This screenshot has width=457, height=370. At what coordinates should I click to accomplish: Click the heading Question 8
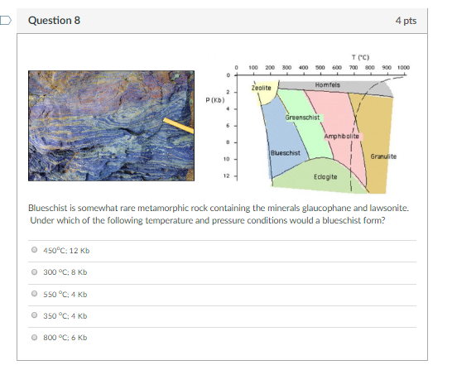(54, 21)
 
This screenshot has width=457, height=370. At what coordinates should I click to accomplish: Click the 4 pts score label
(406, 21)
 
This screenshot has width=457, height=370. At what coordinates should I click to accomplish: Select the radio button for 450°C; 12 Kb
(35, 250)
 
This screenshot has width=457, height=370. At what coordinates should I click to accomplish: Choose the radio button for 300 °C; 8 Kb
(35, 271)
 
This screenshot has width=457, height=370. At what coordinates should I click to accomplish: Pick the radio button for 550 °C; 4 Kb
(35, 293)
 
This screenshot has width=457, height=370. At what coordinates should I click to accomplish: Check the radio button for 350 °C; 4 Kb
(35, 315)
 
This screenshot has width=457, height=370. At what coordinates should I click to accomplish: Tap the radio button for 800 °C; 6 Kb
(35, 337)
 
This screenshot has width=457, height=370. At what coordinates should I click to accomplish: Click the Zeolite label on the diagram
(261, 88)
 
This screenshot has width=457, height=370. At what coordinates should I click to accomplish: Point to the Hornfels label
(327, 85)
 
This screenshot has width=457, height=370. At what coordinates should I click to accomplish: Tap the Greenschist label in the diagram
(302, 118)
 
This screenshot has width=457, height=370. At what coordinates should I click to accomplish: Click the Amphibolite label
(342, 137)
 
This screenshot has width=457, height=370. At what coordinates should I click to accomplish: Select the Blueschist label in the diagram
(286, 153)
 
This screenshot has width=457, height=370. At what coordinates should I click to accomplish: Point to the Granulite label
(383, 156)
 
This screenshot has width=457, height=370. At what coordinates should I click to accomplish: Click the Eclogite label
(325, 177)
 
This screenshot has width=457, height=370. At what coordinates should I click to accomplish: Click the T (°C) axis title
(360, 57)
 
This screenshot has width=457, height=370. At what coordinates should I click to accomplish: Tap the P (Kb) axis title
(215, 100)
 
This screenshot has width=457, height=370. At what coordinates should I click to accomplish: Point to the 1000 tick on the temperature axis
(403, 68)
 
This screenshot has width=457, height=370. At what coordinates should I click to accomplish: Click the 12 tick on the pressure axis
(227, 176)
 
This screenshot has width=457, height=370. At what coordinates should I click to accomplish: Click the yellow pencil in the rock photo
(178, 126)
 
